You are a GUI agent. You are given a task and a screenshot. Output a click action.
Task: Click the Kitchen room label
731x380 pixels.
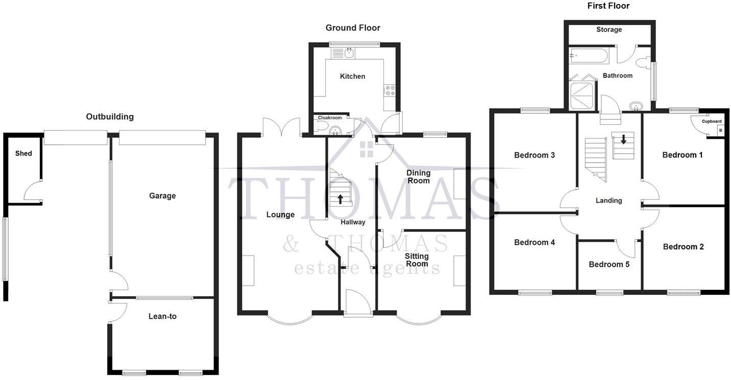[353, 77]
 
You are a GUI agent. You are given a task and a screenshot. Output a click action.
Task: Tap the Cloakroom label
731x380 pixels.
[330, 118]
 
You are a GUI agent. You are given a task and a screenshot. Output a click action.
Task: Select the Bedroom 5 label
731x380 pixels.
[609, 265]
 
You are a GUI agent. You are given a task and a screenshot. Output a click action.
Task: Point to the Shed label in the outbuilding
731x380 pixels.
[23, 154]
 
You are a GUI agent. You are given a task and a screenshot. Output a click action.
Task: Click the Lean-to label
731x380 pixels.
[162, 317]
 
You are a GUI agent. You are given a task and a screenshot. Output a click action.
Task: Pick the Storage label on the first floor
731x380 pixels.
[609, 30]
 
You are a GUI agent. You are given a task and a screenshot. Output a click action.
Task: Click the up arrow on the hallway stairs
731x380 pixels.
[340, 199]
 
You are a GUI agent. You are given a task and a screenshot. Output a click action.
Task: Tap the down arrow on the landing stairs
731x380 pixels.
[623, 138]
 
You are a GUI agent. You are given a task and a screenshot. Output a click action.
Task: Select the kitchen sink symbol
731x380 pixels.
[350, 53]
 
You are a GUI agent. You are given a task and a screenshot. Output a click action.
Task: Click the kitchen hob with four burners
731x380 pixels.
[391, 90]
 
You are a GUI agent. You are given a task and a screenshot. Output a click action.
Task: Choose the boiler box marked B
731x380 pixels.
[721, 131]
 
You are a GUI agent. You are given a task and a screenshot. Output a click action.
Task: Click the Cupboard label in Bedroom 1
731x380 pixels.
[712, 121]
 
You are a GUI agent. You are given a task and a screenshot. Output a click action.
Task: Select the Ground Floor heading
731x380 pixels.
[353, 28]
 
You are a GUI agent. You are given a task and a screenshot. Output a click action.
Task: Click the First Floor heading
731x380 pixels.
[608, 6]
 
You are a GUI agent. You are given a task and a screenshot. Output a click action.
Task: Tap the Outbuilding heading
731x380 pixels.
[110, 117]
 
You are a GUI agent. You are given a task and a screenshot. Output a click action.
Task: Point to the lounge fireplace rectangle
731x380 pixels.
[248, 270]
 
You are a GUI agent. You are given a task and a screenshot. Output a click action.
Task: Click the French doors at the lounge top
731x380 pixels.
[281, 127]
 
